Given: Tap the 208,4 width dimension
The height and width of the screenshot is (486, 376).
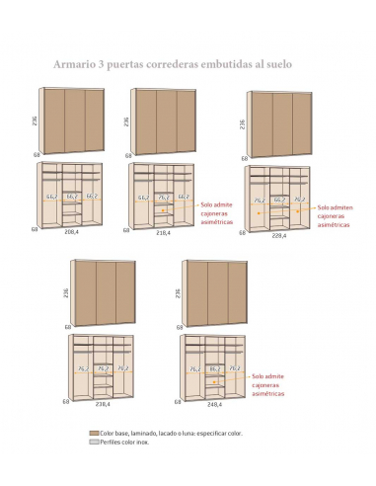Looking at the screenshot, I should pos(71,234).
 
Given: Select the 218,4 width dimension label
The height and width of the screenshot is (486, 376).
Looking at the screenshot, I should pos(163,234).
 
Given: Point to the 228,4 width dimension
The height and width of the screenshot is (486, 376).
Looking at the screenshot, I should pos(279,235).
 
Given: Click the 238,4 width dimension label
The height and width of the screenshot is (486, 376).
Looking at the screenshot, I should pos(102,403).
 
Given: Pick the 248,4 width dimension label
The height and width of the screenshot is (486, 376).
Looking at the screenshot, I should pos(214,403).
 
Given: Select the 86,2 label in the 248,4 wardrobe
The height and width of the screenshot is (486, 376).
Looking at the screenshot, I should pos(213,367).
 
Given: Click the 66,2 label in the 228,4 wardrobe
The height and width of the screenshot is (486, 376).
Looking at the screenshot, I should pos(279,199).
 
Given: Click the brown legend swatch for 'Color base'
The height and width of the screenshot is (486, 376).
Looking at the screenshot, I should pos(94,433).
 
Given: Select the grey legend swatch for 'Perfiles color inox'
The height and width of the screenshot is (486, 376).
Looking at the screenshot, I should pos(94,442).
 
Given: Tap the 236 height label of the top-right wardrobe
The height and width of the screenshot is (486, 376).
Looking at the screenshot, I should pos(242,123).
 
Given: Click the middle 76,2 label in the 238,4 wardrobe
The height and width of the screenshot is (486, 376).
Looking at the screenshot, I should pos(102,367).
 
